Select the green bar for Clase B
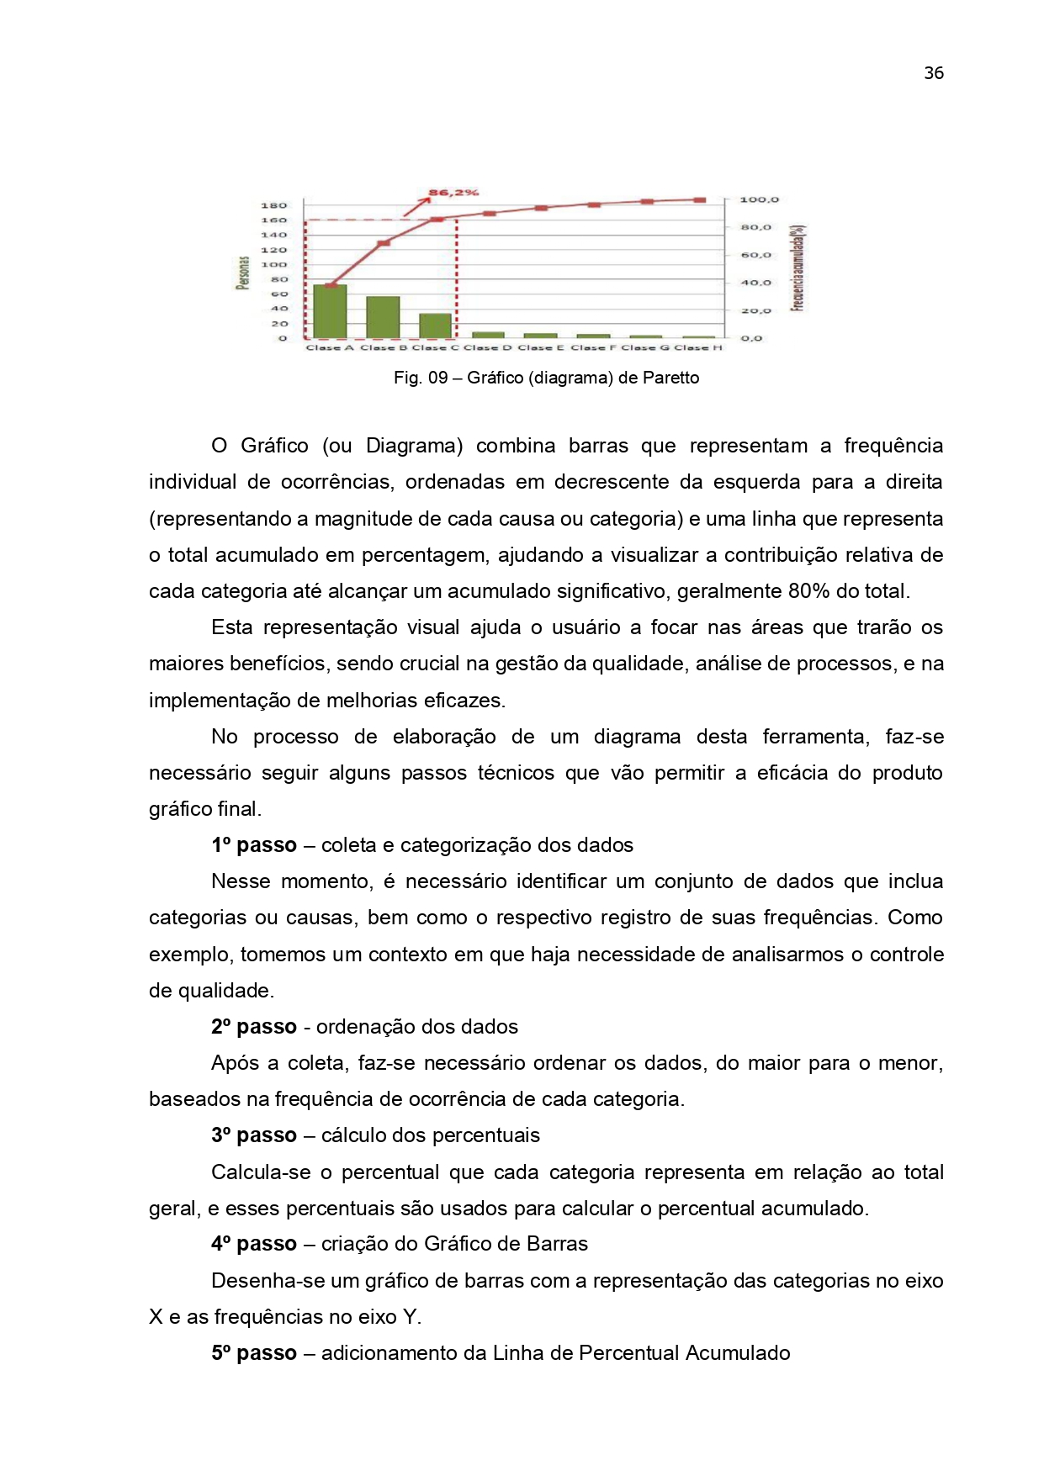[383, 317]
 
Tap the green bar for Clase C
[435, 325]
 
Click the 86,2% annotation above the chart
[453, 193]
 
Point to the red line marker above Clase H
[699, 200]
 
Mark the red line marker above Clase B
[383, 243]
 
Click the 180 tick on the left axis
[273, 205]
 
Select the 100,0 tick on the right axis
[759, 200]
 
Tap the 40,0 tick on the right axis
[755, 283]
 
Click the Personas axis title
[242, 273]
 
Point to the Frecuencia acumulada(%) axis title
[798, 268]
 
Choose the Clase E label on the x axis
[541, 347]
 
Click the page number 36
[934, 73]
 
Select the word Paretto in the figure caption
[670, 378]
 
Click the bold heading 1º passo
[254, 845]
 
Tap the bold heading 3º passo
[254, 1135]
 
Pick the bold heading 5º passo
[254, 1353]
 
